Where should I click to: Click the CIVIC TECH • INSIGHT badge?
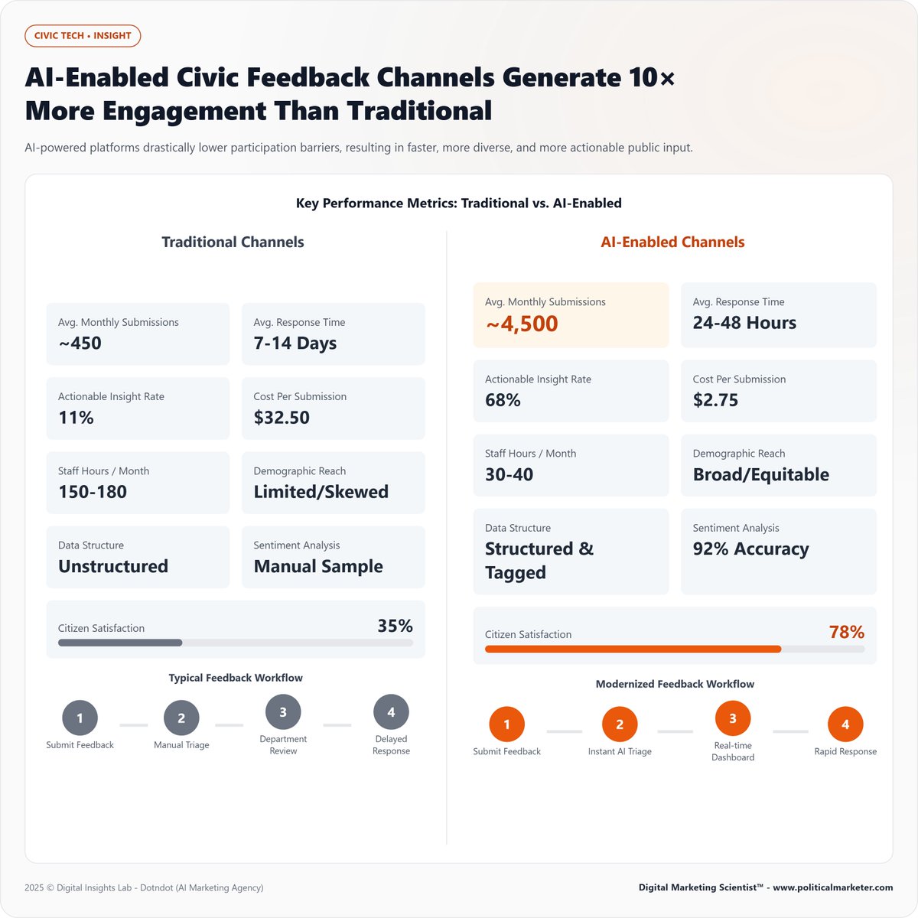tap(83, 36)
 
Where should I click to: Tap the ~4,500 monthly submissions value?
tap(522, 324)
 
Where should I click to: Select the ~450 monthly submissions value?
tap(80, 343)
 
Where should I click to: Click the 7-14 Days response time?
tap(295, 343)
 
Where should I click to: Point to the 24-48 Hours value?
tap(744, 323)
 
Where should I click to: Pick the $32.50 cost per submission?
tap(282, 418)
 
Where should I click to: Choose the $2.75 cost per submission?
tap(715, 400)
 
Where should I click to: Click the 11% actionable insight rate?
tap(76, 418)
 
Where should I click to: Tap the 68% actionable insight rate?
tap(503, 400)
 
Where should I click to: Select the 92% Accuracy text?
tap(750, 549)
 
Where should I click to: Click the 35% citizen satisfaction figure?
tap(395, 626)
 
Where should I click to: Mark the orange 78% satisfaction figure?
tap(846, 633)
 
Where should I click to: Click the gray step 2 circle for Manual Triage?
tap(181, 718)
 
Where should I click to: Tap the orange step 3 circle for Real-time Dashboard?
tap(733, 718)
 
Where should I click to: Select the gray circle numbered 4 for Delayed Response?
tap(391, 712)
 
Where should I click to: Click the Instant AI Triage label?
tap(620, 752)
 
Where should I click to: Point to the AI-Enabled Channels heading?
tap(672, 243)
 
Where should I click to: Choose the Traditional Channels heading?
tap(233, 243)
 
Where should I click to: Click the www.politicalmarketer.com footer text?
tap(832, 887)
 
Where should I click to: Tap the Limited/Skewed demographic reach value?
tap(321, 492)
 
